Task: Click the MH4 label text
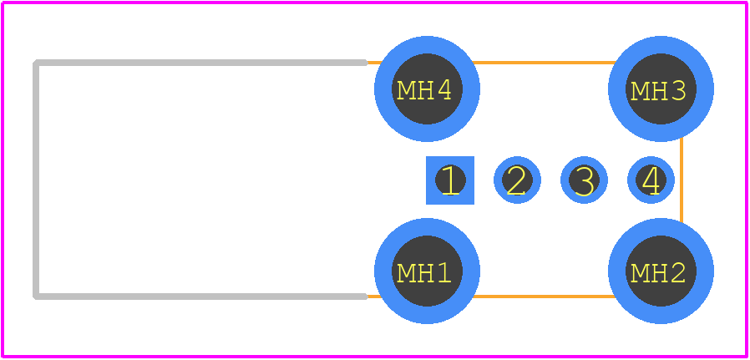(425, 90)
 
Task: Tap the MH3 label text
(659, 91)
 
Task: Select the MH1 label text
(425, 272)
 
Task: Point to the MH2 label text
(659, 272)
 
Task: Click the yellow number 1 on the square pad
(450, 180)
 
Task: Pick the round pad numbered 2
(517, 180)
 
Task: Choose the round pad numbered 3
(584, 180)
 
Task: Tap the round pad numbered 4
(651, 180)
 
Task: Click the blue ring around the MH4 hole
(383, 89)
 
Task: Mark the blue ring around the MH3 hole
(616, 89)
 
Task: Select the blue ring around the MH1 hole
(383, 271)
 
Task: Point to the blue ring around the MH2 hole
(616, 271)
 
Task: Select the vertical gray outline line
(35, 180)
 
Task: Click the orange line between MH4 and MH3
(544, 63)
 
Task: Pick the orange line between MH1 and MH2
(544, 297)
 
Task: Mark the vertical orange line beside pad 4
(682, 180)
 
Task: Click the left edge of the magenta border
(3, 180)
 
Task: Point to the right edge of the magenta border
(747, 180)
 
